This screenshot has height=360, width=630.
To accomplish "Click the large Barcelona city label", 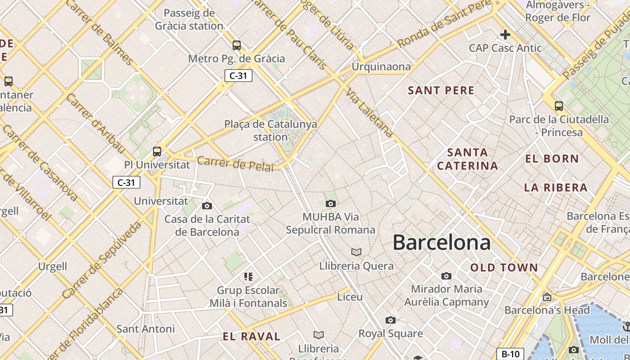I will point(441,243).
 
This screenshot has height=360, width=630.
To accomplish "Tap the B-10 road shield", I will point(511,354).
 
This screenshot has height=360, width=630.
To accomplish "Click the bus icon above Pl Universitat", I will point(157,152).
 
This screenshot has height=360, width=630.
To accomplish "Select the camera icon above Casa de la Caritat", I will point(207,206).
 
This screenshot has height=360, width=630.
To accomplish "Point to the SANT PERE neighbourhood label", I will point(441,90).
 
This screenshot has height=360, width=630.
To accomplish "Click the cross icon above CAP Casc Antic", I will point(505,34).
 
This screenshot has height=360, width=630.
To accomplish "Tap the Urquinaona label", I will point(381,67).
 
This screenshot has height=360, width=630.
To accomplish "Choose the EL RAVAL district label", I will point(252,336).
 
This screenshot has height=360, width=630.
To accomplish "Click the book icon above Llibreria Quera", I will point(356,252).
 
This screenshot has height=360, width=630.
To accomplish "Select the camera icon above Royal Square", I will point(391,320).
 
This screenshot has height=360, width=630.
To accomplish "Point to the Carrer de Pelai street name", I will point(235,164).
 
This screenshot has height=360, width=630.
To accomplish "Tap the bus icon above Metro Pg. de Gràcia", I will point(237,45).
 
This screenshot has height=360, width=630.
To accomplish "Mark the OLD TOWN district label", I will point(504,268).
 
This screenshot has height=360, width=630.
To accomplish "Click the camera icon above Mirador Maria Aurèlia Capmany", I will point(446,276).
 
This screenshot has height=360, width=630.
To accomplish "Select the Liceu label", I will point(350,297).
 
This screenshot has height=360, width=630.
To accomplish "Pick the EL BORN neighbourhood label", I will point(552,158).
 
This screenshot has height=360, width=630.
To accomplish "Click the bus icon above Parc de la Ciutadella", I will point(559,106).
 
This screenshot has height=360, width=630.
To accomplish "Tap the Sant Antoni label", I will point(145,329).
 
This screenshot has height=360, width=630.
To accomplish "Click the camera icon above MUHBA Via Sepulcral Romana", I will point(331,204).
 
